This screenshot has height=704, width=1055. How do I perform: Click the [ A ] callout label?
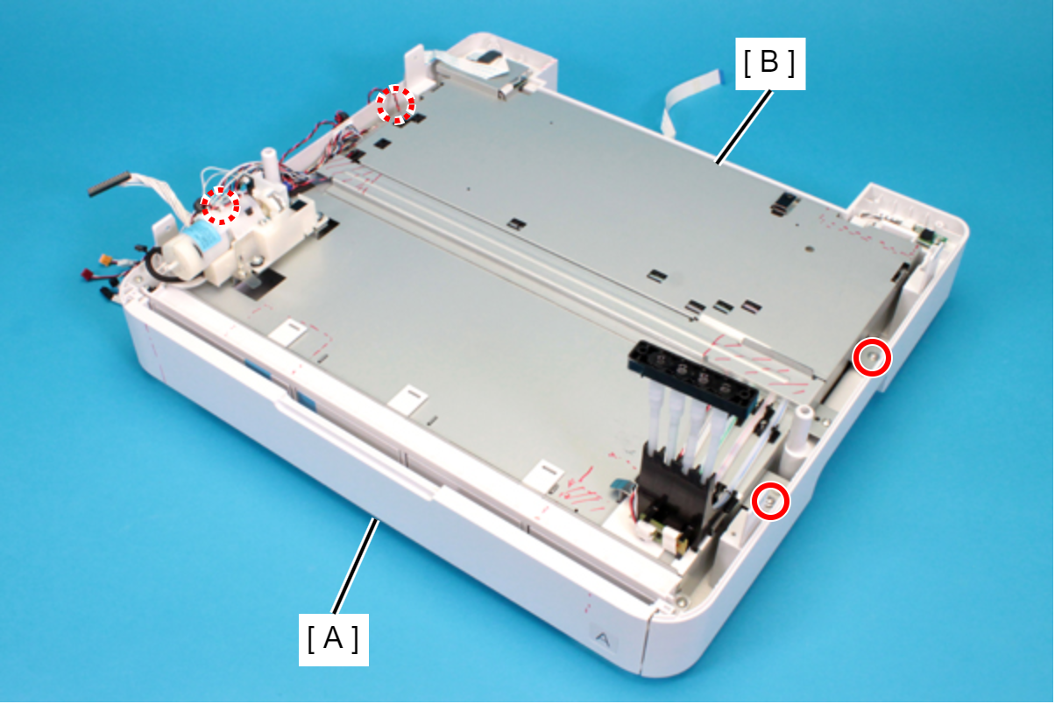(x=334, y=639)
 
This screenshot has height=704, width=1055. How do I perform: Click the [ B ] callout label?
(x=770, y=64)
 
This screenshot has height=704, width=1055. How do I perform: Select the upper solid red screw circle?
(x=872, y=357)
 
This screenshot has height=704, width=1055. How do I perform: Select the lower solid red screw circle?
(x=770, y=501)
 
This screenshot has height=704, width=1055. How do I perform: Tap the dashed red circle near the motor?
(x=221, y=206)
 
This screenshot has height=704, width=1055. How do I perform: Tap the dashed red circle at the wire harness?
(x=396, y=104)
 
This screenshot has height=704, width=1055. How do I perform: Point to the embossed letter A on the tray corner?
(x=603, y=639)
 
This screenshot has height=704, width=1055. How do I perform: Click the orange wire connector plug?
(x=105, y=258)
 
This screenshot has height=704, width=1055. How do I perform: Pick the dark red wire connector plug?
(x=89, y=273)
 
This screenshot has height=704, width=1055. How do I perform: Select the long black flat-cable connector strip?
(x=108, y=184)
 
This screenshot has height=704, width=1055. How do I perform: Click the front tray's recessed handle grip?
(x=358, y=447)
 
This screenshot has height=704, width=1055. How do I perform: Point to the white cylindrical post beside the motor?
(x=269, y=167)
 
